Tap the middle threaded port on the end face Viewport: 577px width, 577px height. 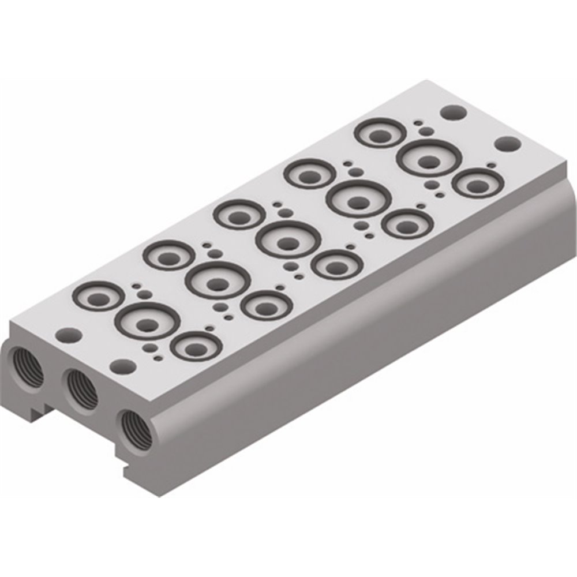click(x=81, y=388)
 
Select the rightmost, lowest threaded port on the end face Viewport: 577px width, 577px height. click(x=137, y=430)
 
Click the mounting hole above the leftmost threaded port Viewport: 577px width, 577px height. click(x=69, y=334)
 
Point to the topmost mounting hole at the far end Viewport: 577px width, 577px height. click(x=452, y=111)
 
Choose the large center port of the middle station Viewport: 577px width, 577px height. click(x=287, y=241)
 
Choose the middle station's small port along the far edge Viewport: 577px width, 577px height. click(x=239, y=215)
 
